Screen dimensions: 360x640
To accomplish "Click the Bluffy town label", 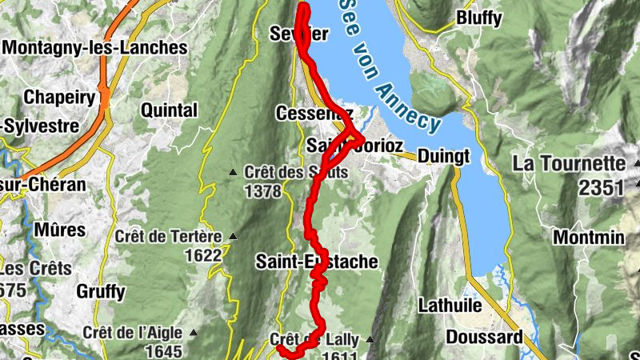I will [479, 18].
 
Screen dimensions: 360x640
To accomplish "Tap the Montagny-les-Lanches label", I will [95, 47].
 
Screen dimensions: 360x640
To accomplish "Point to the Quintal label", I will [169, 110].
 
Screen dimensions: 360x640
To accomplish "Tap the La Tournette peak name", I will [568, 164].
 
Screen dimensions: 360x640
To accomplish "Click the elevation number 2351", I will [601, 188].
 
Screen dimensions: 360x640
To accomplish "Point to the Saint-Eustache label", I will [317, 262].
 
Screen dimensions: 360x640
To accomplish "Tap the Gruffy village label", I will [101, 291].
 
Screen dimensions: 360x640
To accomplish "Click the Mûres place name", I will [59, 230].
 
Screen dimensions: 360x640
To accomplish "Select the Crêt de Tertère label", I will [168, 236].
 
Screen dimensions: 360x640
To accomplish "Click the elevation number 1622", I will [202, 255].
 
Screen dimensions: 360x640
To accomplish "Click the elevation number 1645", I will [164, 351].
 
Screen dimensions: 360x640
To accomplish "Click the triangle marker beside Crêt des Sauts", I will [233, 172].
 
